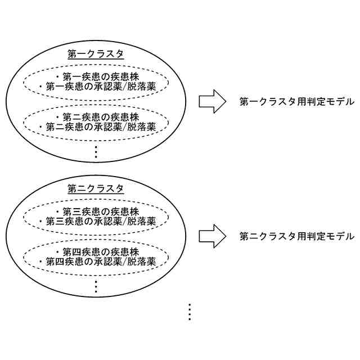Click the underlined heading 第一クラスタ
96,54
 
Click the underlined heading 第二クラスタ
96,188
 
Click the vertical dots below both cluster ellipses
190,312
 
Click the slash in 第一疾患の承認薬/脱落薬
126,87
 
